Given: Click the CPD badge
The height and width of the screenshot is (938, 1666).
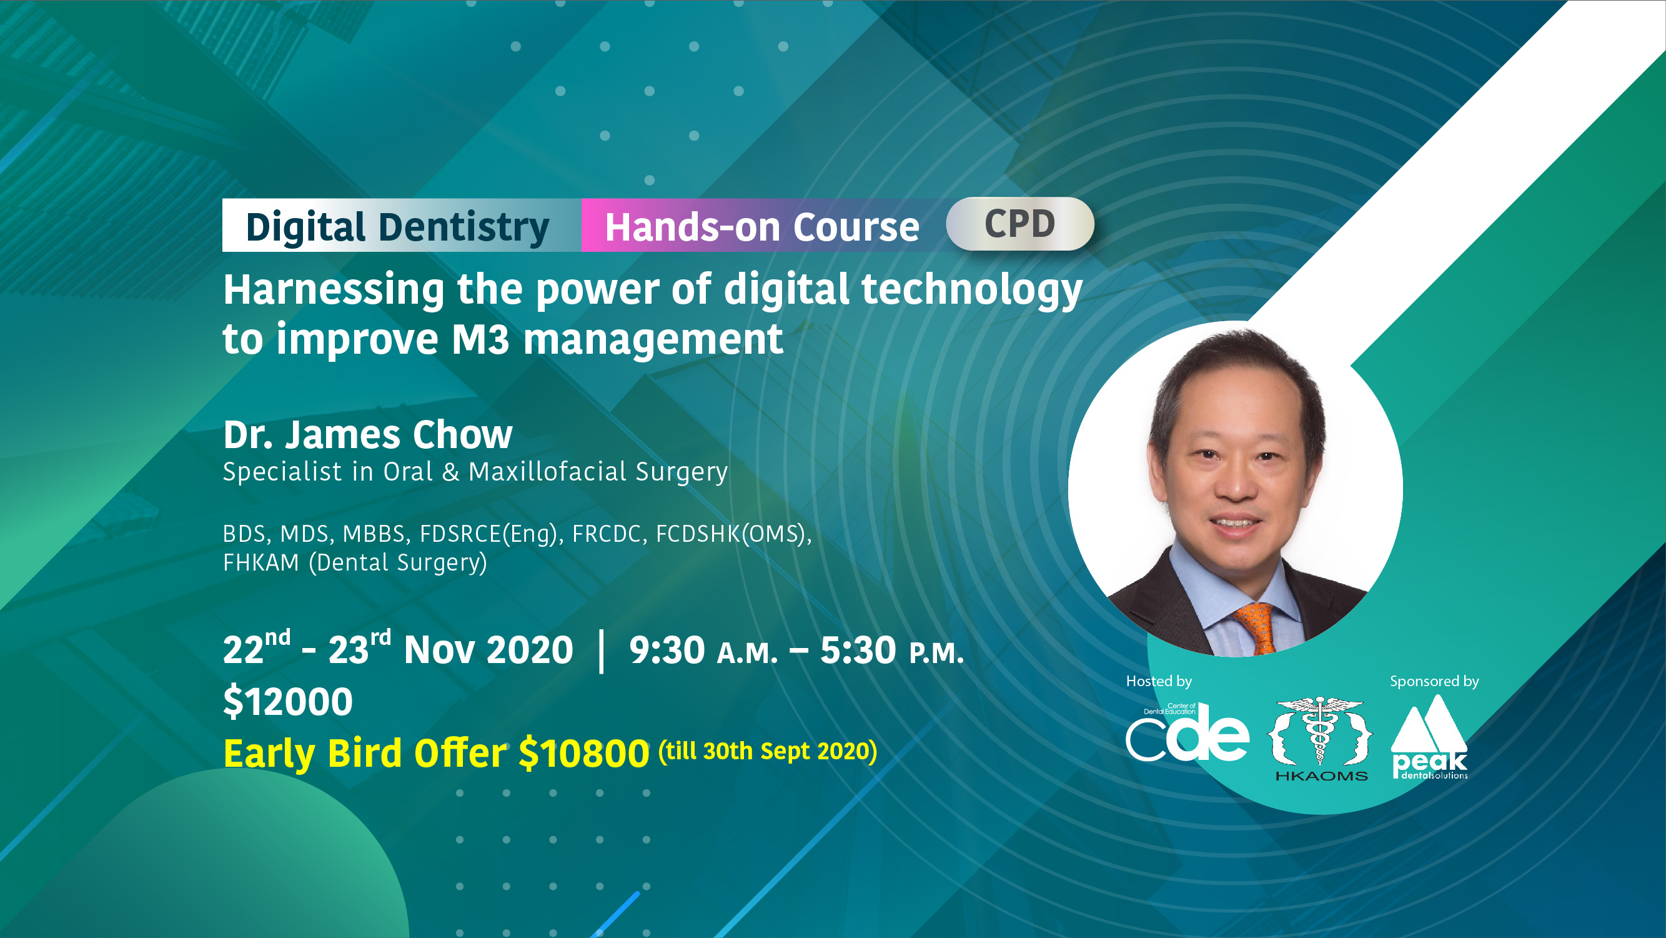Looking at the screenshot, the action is click(x=1020, y=224).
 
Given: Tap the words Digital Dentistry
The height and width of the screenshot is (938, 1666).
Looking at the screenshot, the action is click(x=397, y=227).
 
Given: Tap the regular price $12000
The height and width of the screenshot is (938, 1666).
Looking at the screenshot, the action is click(x=288, y=702).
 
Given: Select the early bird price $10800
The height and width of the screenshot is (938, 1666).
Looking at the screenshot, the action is click(x=584, y=754).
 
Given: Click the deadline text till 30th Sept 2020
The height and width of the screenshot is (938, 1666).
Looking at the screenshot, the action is click(x=768, y=752).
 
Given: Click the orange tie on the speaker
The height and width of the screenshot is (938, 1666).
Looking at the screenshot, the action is click(x=1257, y=627).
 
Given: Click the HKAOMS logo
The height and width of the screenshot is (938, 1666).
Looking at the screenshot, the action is click(x=1320, y=739).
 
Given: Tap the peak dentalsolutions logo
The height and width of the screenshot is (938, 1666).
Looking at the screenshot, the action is click(x=1429, y=737).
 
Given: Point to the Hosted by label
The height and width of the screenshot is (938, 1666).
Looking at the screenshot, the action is click(x=1159, y=681).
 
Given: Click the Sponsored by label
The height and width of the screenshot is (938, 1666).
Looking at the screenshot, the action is click(x=1434, y=681).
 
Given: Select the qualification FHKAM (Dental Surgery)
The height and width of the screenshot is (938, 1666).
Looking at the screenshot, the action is click(x=354, y=563).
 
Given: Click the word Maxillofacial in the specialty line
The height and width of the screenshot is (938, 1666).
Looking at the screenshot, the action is click(x=547, y=472).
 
